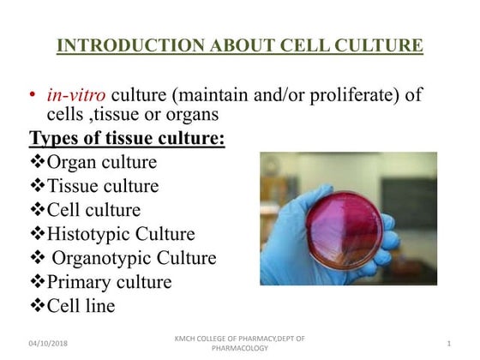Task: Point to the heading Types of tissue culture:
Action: tap(128, 137)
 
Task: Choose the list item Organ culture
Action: tap(102, 162)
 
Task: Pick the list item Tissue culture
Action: tap(103, 186)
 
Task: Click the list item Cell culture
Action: tap(93, 210)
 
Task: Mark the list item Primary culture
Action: tap(109, 282)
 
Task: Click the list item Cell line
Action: tap(81, 306)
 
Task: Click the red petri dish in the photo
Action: tap(345, 228)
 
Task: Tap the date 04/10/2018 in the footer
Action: tap(48, 343)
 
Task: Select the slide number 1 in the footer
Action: tap(449, 343)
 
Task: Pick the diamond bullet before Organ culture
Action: tap(38, 162)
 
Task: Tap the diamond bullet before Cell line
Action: tap(38, 306)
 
